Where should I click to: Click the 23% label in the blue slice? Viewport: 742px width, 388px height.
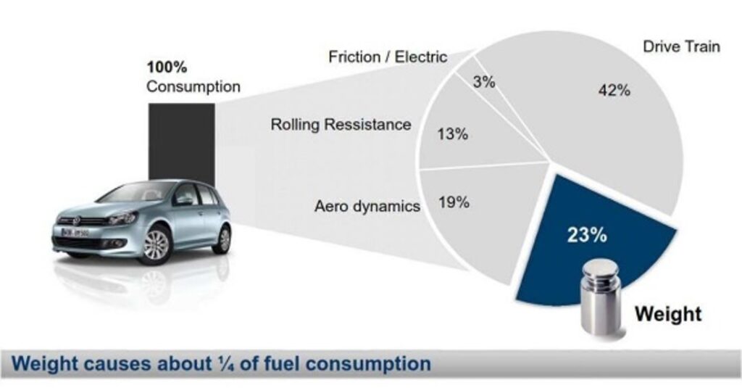[x=587, y=234]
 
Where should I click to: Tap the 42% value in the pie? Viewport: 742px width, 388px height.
[x=614, y=90]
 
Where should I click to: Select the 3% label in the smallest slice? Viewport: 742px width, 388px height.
[x=484, y=82]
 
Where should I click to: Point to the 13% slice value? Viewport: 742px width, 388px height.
[x=453, y=134]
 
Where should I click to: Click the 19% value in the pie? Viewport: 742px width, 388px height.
[x=454, y=202]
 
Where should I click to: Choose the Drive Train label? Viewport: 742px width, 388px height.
[x=681, y=46]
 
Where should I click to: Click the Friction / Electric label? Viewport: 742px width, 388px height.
[x=388, y=57]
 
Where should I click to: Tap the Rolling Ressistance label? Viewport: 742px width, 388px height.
[x=341, y=125]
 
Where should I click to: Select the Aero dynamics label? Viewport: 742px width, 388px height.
[x=367, y=206]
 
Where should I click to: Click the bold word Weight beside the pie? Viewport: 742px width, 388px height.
[x=668, y=313]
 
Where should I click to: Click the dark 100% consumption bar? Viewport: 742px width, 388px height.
[x=181, y=142]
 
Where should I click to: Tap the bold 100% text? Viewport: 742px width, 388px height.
[x=167, y=67]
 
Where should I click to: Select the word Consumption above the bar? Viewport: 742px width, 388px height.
[x=193, y=87]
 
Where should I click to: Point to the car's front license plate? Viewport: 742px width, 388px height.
[x=75, y=233]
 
